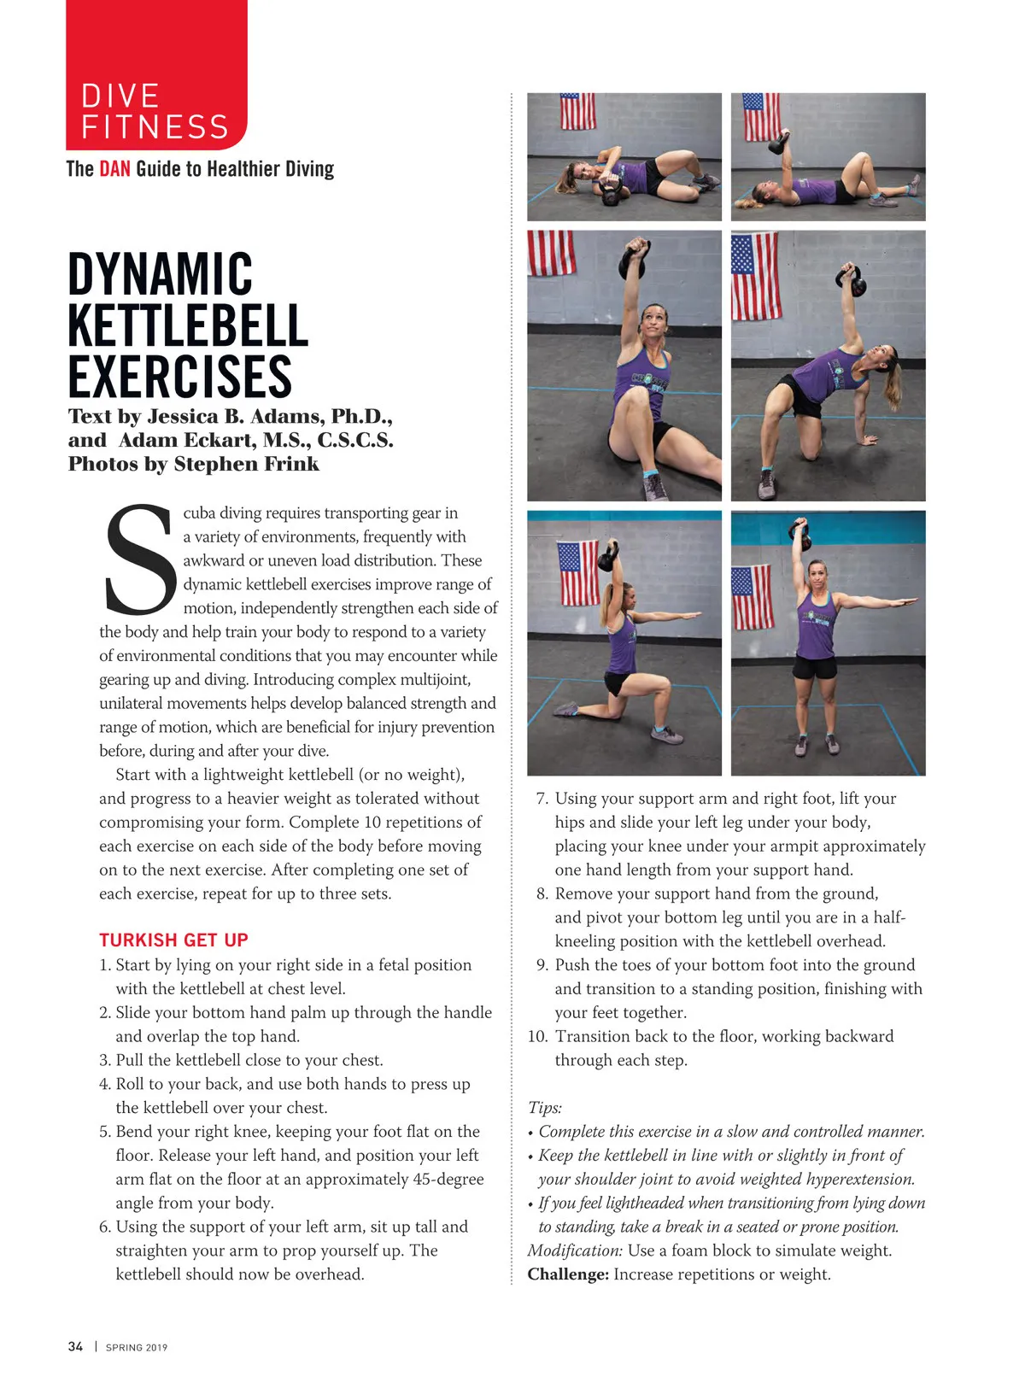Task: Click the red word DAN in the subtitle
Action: point(114,168)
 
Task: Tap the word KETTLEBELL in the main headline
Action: point(187,325)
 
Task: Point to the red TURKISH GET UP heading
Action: point(173,940)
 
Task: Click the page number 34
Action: point(75,1347)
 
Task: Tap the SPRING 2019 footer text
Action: point(137,1348)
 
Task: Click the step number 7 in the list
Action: point(542,799)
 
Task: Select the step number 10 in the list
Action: point(537,1036)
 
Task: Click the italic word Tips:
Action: point(545,1108)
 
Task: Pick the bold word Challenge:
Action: point(568,1274)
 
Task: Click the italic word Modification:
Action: point(575,1250)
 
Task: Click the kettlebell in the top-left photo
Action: point(612,196)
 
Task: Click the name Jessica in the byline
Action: point(182,417)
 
